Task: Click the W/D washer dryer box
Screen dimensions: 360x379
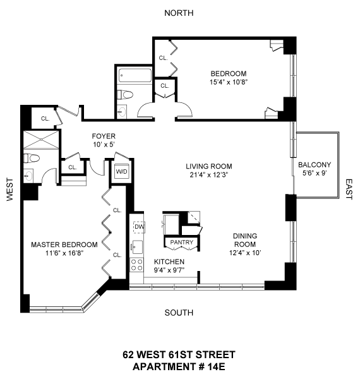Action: (x=121, y=171)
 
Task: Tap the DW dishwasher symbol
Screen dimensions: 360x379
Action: (x=139, y=227)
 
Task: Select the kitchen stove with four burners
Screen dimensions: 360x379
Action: (x=136, y=265)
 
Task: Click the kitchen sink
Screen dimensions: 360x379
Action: (x=136, y=247)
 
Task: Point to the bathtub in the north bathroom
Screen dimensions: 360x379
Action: (x=135, y=75)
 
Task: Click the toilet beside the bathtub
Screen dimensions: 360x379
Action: (x=125, y=95)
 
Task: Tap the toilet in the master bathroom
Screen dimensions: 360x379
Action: (x=32, y=159)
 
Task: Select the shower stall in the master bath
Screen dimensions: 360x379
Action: (x=41, y=140)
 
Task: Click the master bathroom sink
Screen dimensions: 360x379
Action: (x=28, y=175)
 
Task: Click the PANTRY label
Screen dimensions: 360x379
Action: (x=182, y=242)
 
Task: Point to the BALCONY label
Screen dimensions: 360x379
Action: (x=315, y=165)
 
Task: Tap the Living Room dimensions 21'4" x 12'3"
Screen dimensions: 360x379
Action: (x=209, y=174)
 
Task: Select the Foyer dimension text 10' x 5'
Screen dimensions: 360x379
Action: (x=104, y=145)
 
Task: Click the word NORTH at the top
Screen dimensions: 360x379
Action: (x=179, y=13)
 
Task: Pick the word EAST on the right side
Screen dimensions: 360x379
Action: (x=349, y=189)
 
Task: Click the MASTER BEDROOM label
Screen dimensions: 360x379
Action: (x=64, y=244)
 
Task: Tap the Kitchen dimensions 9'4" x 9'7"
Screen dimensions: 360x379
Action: (x=169, y=270)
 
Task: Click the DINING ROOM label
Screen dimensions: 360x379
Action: (x=245, y=240)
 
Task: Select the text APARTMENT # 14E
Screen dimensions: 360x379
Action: (x=179, y=366)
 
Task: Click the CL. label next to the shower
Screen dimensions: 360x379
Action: (x=45, y=119)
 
